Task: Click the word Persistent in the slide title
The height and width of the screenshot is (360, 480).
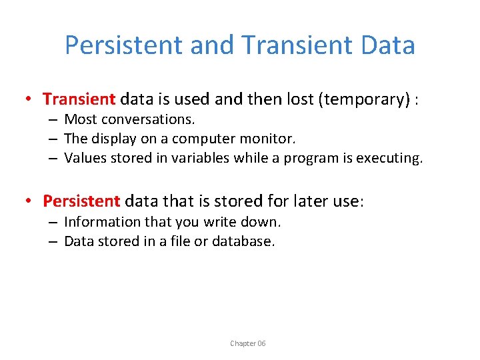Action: [x=124, y=45]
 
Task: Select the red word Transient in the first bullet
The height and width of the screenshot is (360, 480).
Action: [x=79, y=99]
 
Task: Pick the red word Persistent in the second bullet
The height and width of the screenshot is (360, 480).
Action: [x=81, y=201]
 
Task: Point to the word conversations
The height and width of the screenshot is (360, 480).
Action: [x=149, y=120]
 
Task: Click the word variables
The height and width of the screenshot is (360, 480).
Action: [x=199, y=159]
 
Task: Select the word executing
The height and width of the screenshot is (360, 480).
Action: [x=391, y=159]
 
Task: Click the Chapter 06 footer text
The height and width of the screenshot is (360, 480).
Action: [x=247, y=343]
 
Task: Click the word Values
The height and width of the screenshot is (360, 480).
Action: [x=83, y=159]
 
